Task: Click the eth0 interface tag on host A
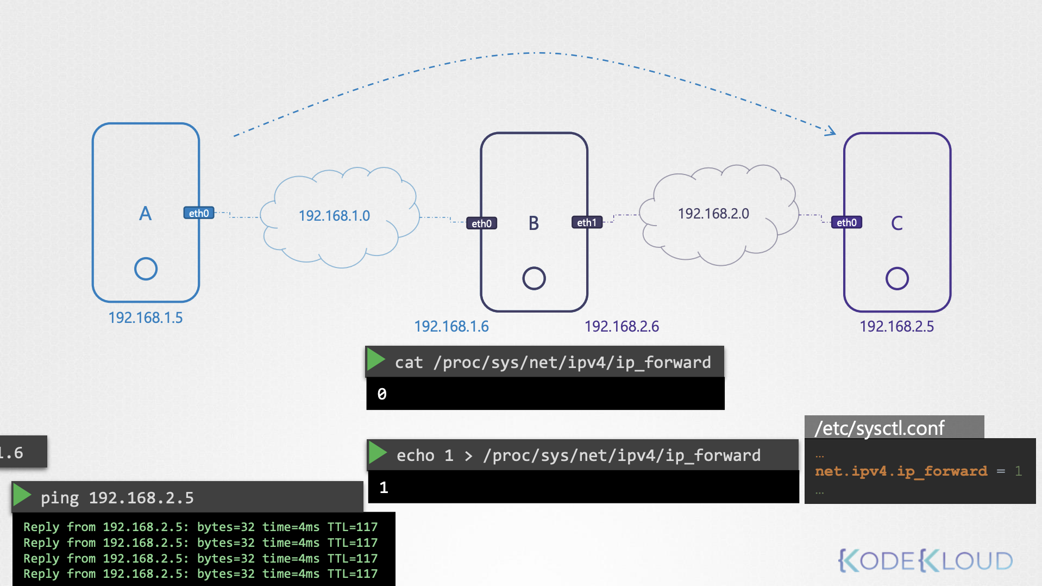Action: coord(199,213)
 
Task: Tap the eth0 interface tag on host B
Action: coord(481,223)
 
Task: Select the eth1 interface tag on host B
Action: coord(587,222)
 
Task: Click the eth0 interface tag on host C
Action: coord(846,222)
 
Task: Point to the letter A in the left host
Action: coord(145,214)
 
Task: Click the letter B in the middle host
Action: coord(533,223)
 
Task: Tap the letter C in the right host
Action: coord(897,223)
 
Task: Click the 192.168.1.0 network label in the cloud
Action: coord(334,216)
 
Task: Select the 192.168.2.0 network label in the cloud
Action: coord(713,214)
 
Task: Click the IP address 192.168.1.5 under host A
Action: coord(146,317)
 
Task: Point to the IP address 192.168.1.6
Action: coord(451,326)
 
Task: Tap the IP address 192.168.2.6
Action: coord(622,326)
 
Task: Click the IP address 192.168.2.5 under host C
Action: coord(896,326)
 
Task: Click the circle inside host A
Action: coord(146,269)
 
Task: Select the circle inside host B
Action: coord(533,278)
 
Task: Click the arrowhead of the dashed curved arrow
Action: coord(831,131)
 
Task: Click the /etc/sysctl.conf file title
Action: coord(880,428)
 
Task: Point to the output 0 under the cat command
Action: coord(382,394)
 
